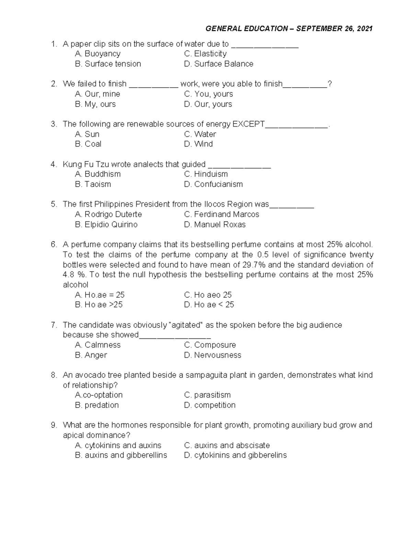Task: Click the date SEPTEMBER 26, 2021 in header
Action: [x=334, y=29]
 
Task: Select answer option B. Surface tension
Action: [x=108, y=64]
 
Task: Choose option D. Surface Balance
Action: [x=219, y=64]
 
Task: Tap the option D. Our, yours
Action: [x=208, y=104]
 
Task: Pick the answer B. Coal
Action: [x=88, y=144]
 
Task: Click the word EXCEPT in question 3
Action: [x=249, y=124]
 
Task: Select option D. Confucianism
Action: [x=213, y=184]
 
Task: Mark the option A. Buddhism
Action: [x=98, y=174]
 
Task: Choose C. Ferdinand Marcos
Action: [x=221, y=215]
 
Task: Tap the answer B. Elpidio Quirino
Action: [x=106, y=225]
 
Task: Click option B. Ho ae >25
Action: [x=99, y=305]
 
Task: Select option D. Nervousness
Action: [x=213, y=355]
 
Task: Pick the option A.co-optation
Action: [x=99, y=395]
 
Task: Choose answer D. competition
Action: [x=210, y=405]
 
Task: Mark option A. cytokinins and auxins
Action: [x=118, y=446]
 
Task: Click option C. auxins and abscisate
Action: [x=227, y=446]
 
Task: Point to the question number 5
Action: [x=54, y=204]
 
